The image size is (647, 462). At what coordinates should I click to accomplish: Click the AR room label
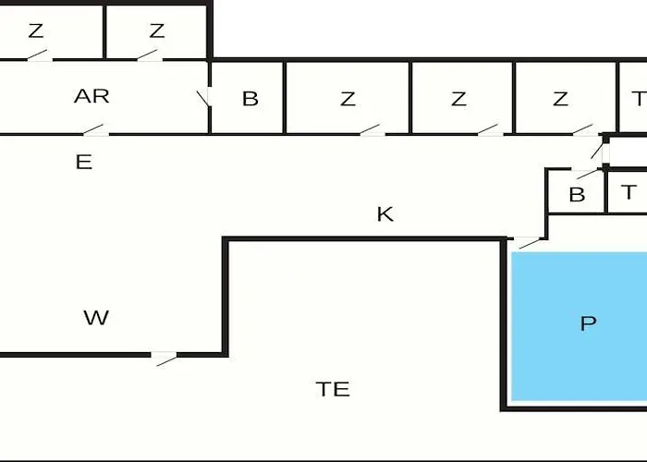[92, 96]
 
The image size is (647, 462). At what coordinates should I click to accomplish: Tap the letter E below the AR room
[83, 163]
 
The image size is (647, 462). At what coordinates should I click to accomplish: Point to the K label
[385, 214]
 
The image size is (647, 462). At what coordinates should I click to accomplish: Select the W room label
[96, 318]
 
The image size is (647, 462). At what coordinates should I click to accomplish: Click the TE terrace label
[333, 389]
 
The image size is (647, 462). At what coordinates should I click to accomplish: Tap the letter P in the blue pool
[588, 323]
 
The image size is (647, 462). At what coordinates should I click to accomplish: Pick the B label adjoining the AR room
[250, 99]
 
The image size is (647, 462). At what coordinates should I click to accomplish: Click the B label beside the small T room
[577, 195]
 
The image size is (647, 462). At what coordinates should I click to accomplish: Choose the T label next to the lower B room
[629, 192]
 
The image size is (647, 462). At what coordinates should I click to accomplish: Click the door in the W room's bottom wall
[165, 357]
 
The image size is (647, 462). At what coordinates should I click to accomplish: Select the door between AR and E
[96, 130]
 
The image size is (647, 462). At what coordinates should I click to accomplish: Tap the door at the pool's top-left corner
[528, 242]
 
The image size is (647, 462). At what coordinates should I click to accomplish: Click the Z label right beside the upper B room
[348, 99]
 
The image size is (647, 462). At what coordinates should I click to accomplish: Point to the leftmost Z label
[35, 30]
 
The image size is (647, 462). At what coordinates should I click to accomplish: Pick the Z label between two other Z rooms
[458, 99]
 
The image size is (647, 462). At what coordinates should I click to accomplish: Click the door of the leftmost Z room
[38, 57]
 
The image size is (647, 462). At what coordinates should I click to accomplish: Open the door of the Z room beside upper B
[371, 130]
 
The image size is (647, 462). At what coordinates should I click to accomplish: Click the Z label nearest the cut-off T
[560, 99]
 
